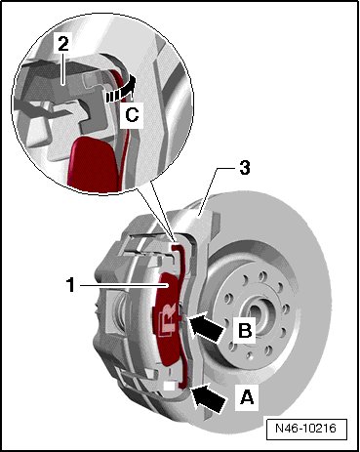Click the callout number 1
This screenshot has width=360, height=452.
click(70, 285)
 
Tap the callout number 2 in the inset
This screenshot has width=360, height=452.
click(63, 44)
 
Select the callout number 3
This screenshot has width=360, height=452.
click(244, 168)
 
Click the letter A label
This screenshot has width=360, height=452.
click(247, 397)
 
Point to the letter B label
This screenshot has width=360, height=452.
click(245, 331)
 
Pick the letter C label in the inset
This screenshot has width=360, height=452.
click(132, 114)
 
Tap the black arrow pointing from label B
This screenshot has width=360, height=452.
click(207, 326)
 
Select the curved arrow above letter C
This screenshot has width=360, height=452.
click(120, 90)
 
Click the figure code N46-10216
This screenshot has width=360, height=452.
click(305, 428)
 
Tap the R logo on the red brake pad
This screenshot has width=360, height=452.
click(168, 321)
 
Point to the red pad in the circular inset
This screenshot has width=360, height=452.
click(94, 164)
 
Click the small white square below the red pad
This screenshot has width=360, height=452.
click(169, 386)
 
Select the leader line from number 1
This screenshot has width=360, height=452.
click(124, 285)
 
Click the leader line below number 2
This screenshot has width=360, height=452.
click(64, 67)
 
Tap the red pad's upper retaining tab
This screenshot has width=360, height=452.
click(178, 249)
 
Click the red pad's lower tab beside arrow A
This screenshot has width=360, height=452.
click(182, 383)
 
